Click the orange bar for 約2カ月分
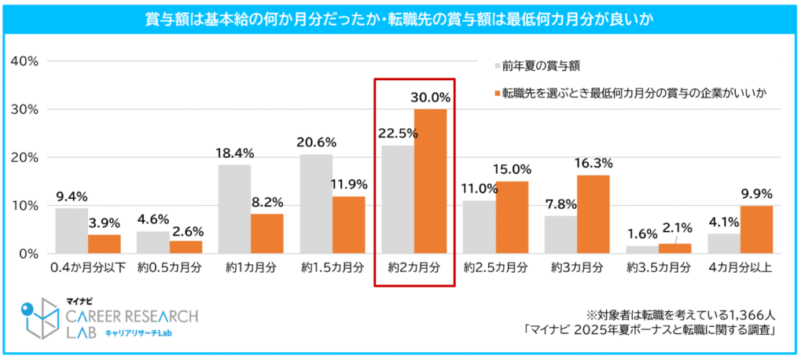click(430, 181)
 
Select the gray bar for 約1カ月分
click(235, 209)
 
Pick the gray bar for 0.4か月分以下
click(72, 230)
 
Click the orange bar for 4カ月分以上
click(756, 230)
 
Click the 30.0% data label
click(430, 98)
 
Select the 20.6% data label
click(317, 142)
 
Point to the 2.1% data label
click(677, 228)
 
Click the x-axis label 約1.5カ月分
click(333, 267)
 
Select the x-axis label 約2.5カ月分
click(495, 267)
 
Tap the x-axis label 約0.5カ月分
click(169, 267)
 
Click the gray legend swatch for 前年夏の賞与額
click(497, 64)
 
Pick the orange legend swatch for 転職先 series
click(497, 94)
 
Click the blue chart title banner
click(402, 18)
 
